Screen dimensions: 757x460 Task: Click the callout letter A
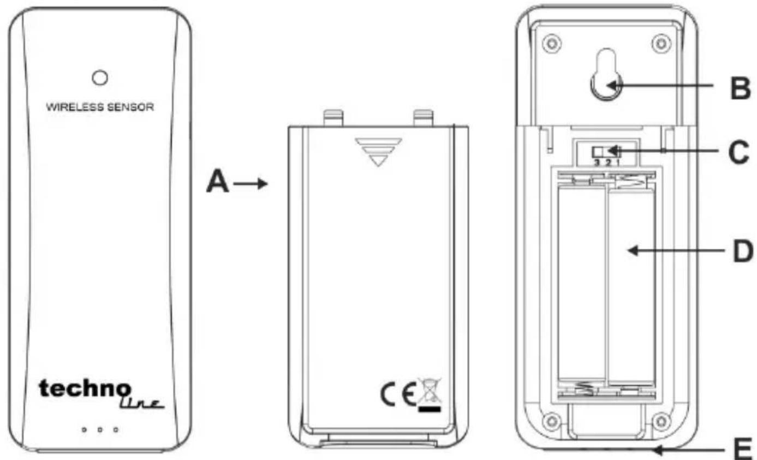(x=218, y=182)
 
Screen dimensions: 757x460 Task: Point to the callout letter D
(x=743, y=251)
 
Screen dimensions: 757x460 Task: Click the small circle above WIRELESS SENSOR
(x=100, y=77)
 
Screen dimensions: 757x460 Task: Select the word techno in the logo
(x=85, y=389)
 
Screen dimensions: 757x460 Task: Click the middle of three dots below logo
(x=100, y=430)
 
